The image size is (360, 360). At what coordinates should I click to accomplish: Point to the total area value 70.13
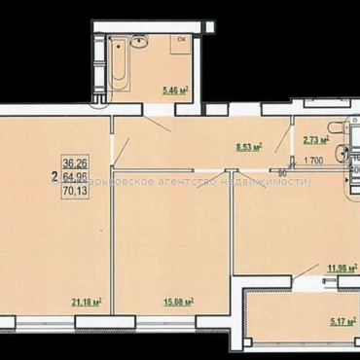pyautogui.click(x=74, y=192)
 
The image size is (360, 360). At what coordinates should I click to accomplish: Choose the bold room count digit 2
pyautogui.click(x=54, y=178)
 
